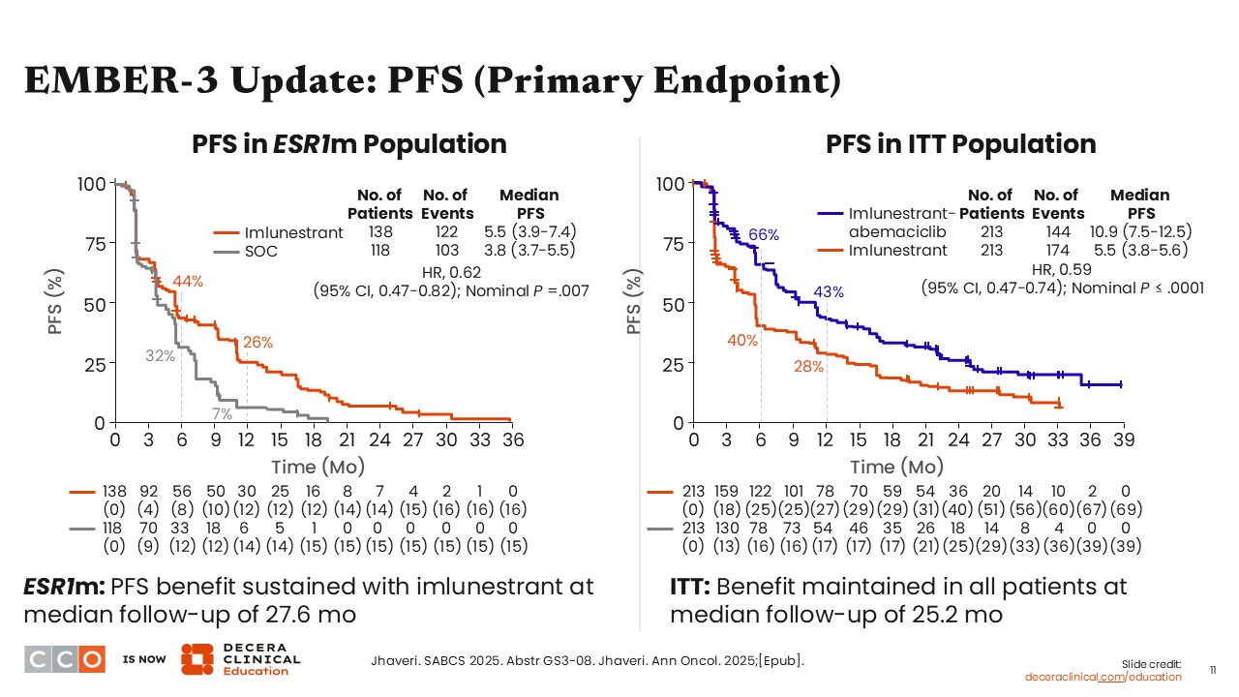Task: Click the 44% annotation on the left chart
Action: coord(188,282)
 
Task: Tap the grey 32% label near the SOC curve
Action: coord(161,355)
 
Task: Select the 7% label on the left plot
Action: coord(223,414)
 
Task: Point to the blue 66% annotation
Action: coord(764,234)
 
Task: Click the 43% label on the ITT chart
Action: coord(829,291)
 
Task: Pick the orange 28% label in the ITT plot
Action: coord(808,366)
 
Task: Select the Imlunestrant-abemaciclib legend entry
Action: coord(901,223)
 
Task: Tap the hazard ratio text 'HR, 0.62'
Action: coord(451,271)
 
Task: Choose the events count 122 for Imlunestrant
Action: coord(447,232)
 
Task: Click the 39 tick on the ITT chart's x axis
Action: coord(1124,439)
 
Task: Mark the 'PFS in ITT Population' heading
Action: coord(960,144)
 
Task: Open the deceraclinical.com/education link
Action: coord(1103,677)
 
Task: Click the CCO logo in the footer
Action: coord(64,659)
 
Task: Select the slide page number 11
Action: coord(1214,669)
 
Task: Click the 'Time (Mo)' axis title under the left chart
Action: coord(317,467)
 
